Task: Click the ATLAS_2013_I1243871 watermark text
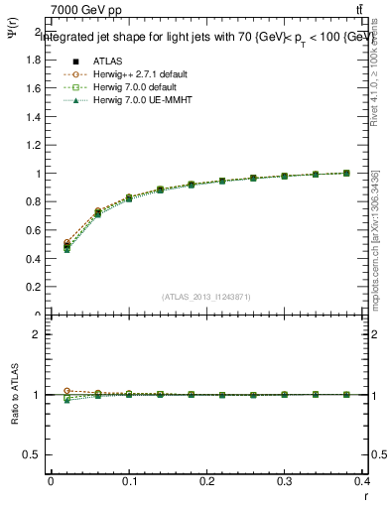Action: (206, 297)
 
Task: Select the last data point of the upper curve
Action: (346, 173)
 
